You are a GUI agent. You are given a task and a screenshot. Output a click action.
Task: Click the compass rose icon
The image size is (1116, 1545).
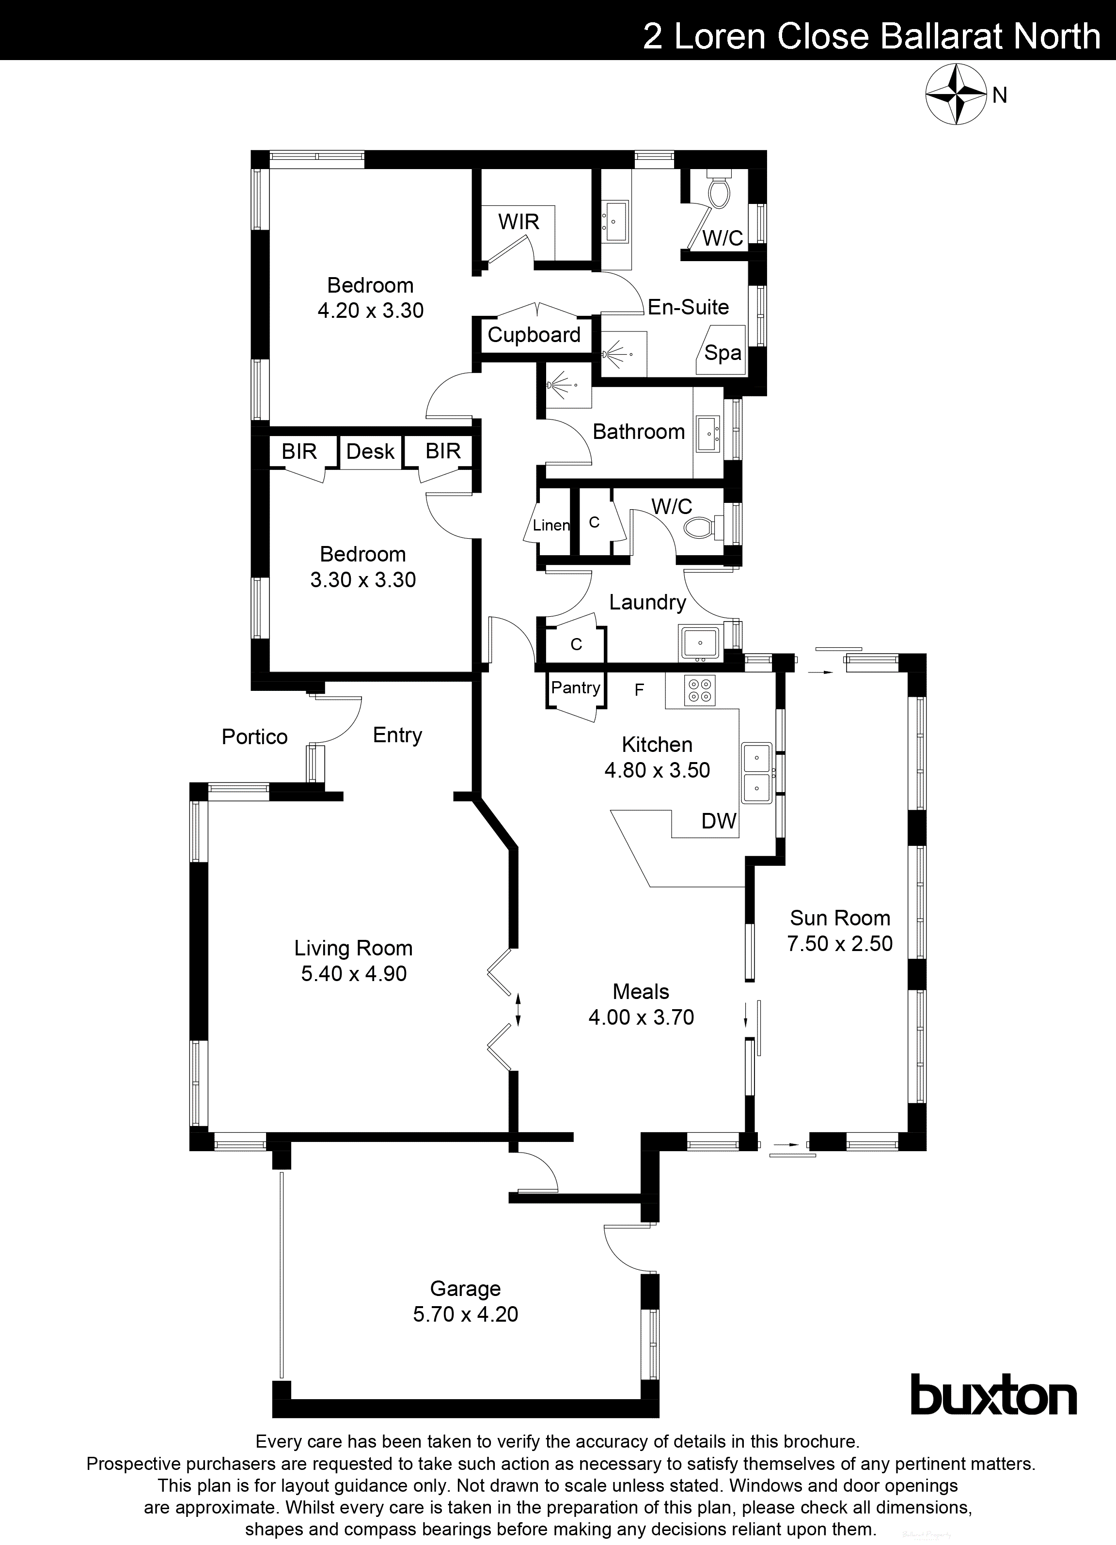pyautogui.click(x=956, y=94)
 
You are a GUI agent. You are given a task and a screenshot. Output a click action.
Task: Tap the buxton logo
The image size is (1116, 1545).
pyautogui.click(x=993, y=1395)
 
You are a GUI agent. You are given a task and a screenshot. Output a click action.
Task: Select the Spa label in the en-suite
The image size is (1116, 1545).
pyautogui.click(x=722, y=353)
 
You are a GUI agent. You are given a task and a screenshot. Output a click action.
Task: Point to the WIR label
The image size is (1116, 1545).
pyautogui.click(x=519, y=222)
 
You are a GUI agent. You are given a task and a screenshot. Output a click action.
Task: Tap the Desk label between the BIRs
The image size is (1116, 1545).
pyautogui.click(x=370, y=452)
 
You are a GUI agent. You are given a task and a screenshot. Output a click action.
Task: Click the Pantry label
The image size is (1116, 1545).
pyautogui.click(x=576, y=687)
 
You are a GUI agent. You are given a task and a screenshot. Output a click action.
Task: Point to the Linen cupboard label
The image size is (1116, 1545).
pyautogui.click(x=551, y=525)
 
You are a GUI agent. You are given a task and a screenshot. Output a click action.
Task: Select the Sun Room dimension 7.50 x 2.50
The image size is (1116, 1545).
pyautogui.click(x=839, y=943)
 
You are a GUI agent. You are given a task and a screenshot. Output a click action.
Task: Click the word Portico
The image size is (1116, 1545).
pyautogui.click(x=255, y=737)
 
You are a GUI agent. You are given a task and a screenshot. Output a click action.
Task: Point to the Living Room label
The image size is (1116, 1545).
pyautogui.click(x=353, y=948)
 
